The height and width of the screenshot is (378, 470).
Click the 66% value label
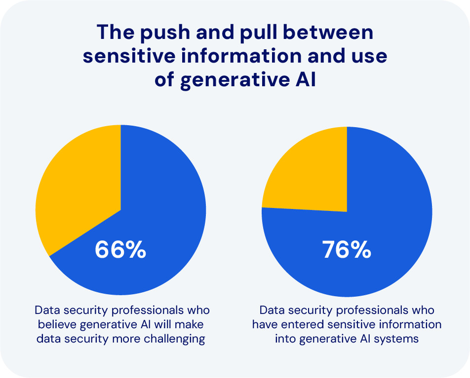(x=120, y=250)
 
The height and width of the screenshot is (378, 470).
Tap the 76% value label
(x=347, y=250)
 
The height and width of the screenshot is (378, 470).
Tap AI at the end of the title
(x=304, y=79)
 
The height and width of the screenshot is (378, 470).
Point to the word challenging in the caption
(x=170, y=340)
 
